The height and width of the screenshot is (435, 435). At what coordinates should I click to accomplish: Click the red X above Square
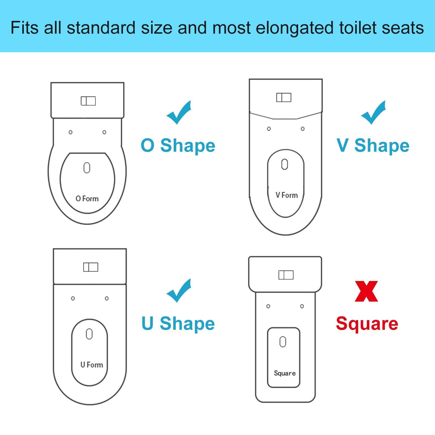click(x=366, y=291)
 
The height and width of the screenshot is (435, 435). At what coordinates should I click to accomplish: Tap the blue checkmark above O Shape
click(x=178, y=113)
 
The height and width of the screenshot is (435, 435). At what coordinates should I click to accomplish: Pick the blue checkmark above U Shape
click(x=178, y=291)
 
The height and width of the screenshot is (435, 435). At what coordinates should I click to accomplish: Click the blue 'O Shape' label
click(x=178, y=145)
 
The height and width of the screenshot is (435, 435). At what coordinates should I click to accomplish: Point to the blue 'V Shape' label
click(x=373, y=145)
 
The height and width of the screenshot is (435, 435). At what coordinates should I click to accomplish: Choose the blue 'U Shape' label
click(x=178, y=323)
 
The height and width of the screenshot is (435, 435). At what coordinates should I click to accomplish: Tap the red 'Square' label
click(x=367, y=324)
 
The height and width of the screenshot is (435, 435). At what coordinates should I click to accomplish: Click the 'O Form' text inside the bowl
click(x=87, y=199)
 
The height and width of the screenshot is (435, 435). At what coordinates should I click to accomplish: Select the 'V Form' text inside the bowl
click(x=287, y=195)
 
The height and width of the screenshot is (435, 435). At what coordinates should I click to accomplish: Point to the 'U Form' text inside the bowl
click(x=92, y=365)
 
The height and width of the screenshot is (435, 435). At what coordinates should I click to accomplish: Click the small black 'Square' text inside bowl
click(x=285, y=373)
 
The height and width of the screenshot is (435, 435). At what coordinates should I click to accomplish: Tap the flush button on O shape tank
click(x=88, y=101)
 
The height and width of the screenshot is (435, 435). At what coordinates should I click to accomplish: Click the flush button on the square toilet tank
click(x=286, y=275)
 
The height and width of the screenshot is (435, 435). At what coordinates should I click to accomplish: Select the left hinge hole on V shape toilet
click(x=269, y=129)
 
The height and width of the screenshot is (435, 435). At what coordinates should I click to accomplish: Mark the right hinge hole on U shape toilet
click(x=107, y=298)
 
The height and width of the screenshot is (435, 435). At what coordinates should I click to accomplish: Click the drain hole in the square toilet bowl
click(x=283, y=342)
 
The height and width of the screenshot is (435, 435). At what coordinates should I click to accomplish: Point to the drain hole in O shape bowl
click(x=87, y=168)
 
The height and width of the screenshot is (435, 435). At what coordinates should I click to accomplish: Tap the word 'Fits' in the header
click(x=25, y=28)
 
